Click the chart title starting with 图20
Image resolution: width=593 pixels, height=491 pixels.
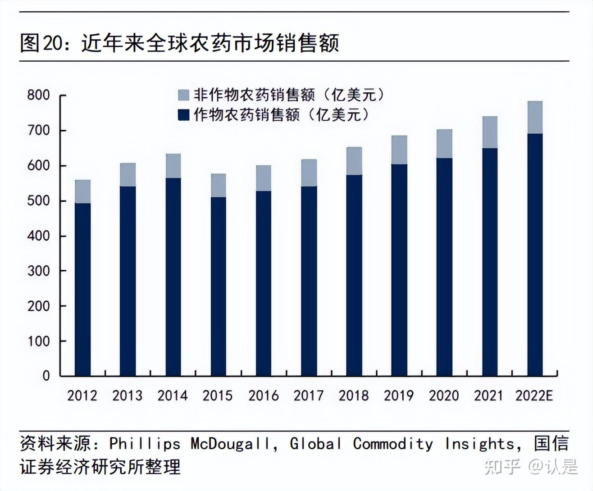[x=179, y=43]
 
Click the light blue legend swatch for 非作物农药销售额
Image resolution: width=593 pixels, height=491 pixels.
[x=183, y=95]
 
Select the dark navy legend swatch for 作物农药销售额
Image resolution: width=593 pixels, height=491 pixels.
[x=183, y=115]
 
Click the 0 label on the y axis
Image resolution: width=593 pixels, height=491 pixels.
[x=46, y=376]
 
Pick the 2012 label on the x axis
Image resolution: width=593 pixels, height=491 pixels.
[x=82, y=396]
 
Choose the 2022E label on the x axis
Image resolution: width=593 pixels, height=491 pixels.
[x=534, y=396]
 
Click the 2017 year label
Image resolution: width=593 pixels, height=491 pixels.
[x=309, y=396]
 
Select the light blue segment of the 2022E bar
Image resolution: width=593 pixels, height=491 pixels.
[x=535, y=117]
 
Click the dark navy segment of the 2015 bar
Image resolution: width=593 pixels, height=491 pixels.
[x=219, y=286]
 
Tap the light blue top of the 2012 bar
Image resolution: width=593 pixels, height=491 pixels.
[x=82, y=191]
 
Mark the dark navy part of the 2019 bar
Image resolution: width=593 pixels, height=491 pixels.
[x=399, y=270]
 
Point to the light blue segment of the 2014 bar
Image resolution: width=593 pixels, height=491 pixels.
[x=173, y=166]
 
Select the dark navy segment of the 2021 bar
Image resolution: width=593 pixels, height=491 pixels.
[x=490, y=261]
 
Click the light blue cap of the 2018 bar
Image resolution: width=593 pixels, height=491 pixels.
[x=354, y=161]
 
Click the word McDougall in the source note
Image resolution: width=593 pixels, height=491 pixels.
[x=231, y=444]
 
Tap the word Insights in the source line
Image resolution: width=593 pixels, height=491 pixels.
[x=479, y=444]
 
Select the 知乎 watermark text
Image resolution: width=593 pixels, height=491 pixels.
[x=502, y=467]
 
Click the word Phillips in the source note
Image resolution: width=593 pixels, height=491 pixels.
[x=145, y=444]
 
